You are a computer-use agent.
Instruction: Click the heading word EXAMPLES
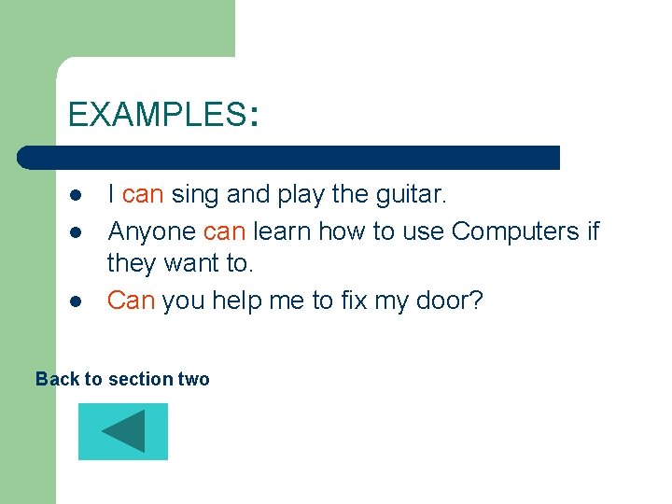[x=155, y=115]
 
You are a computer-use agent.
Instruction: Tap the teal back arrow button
[x=123, y=431]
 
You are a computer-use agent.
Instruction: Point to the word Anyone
[x=151, y=231]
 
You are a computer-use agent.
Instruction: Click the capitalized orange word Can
[x=131, y=301]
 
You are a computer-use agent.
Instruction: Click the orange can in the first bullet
[x=143, y=195]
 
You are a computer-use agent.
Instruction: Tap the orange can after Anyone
[x=224, y=231]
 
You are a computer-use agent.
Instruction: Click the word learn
[x=282, y=231]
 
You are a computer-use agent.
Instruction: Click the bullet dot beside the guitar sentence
[x=74, y=196]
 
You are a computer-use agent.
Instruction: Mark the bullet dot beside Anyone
[x=74, y=231]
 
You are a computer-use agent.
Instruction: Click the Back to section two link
[x=122, y=379]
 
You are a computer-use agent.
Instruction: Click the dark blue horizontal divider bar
[x=289, y=157]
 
